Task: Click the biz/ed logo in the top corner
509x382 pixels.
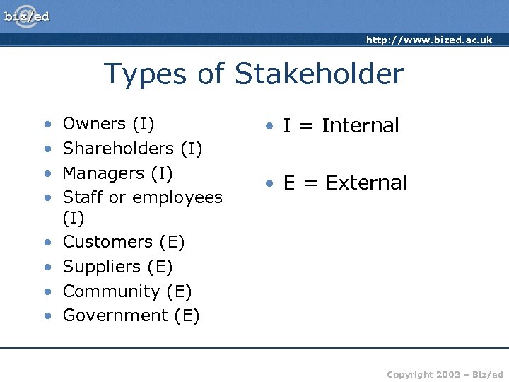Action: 28,16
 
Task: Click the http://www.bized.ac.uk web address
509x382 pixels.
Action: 428,40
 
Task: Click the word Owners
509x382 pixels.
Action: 94,124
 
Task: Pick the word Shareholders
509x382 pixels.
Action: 118,149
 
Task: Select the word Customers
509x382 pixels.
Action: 107,242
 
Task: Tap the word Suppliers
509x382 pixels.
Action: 103,267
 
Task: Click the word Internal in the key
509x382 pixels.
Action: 361,126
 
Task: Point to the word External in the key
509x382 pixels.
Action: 366,183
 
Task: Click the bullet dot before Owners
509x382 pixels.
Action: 47,125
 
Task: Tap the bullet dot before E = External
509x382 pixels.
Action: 269,184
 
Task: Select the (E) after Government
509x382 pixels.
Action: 187,316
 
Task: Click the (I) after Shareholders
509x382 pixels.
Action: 192,149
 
